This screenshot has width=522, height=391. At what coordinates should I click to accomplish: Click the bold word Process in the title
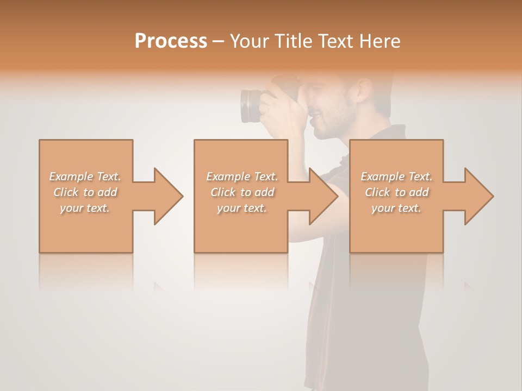(x=171, y=41)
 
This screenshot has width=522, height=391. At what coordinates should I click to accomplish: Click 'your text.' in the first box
(x=85, y=207)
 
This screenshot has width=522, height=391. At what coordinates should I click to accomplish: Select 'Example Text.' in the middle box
(x=242, y=176)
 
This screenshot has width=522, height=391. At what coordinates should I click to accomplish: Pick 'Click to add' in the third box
(x=397, y=192)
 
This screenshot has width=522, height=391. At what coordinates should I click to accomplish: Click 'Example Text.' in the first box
(x=85, y=176)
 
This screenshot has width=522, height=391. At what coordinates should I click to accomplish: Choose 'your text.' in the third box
(x=397, y=208)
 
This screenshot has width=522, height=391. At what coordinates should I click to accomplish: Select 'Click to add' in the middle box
(x=242, y=192)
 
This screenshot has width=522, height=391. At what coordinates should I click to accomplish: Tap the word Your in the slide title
(x=248, y=41)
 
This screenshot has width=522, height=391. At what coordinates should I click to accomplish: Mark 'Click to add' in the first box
(x=85, y=192)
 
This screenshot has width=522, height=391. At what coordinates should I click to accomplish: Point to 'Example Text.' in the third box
(x=397, y=176)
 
